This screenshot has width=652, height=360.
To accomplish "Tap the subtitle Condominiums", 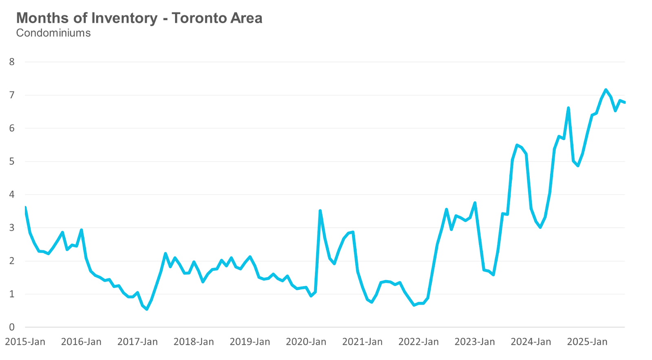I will click(x=53, y=33).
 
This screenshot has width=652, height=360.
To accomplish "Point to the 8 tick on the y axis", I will click(x=12, y=62).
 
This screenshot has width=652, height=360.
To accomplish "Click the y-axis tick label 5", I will click(x=12, y=161).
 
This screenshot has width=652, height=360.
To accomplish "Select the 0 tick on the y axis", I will click(x=12, y=327).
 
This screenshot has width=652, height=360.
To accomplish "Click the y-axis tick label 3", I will click(x=12, y=228).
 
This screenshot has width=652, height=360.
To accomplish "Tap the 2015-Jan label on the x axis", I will click(x=25, y=342).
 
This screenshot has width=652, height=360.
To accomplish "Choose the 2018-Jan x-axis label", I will click(x=194, y=342).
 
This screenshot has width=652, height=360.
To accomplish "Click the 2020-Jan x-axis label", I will click(x=306, y=342).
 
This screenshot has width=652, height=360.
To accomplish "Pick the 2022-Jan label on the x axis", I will click(x=419, y=342).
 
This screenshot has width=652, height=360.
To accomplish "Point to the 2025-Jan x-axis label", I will click(x=587, y=342).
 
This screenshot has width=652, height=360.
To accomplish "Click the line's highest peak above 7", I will click(x=606, y=90).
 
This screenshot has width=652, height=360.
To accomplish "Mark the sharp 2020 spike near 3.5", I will click(x=320, y=211).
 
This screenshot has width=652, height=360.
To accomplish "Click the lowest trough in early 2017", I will click(x=147, y=309).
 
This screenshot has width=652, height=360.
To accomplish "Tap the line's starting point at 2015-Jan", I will click(x=25, y=208).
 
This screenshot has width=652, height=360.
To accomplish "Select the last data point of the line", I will click(x=624, y=102).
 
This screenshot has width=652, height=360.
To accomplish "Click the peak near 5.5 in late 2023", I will click(x=517, y=145).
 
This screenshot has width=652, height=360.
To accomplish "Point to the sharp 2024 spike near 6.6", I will click(x=568, y=108).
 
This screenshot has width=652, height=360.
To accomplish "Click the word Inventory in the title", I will click(x=124, y=18).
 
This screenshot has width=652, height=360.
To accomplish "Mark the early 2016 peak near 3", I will click(x=81, y=230).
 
